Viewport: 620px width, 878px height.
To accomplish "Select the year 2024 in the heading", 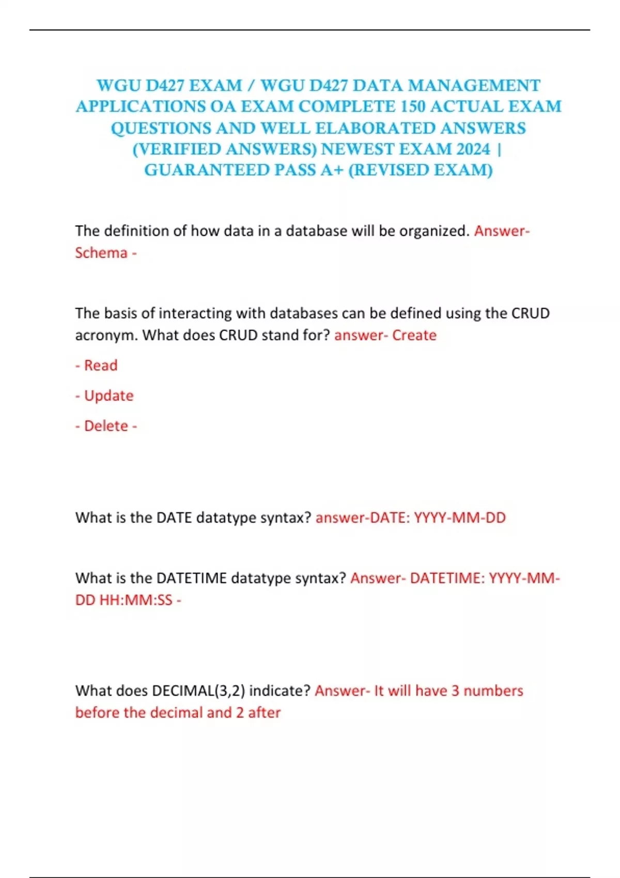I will click(473, 149).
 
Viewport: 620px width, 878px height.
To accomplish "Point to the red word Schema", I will click(101, 253).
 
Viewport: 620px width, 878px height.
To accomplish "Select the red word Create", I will click(414, 335).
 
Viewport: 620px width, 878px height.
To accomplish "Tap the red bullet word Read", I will click(101, 366).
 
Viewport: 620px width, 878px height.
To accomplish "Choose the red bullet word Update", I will click(109, 396).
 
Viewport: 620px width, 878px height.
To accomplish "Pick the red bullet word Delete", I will click(106, 426).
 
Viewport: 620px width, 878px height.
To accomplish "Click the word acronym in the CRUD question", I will click(106, 335).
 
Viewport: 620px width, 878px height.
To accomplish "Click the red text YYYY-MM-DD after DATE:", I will click(460, 518).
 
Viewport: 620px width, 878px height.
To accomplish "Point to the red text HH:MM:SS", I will click(136, 600).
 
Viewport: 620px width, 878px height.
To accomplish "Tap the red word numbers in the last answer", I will click(493, 691).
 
